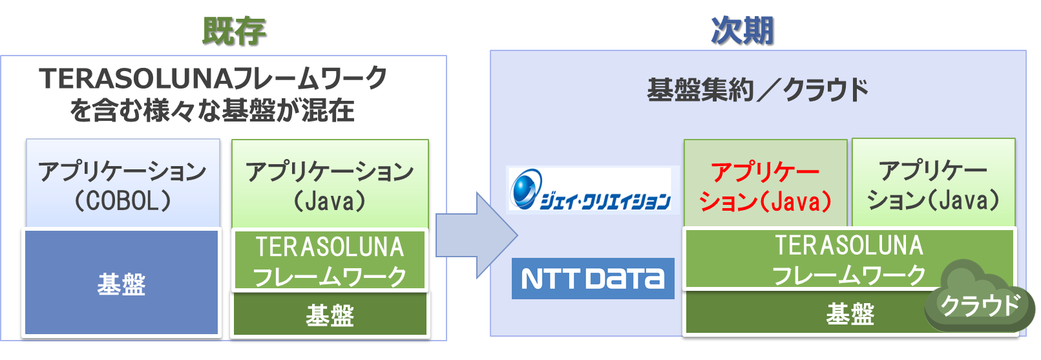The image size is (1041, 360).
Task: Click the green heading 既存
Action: (234, 30)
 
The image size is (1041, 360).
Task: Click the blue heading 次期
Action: (742, 30)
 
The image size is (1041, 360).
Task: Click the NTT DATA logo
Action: (593, 279)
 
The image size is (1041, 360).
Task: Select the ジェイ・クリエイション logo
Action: (591, 189)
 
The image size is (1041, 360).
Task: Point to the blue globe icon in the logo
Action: (525, 187)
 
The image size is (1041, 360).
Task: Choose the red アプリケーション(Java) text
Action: (765, 186)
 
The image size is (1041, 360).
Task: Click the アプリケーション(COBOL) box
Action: (123, 184)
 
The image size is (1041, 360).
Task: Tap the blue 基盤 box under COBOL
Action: (121, 282)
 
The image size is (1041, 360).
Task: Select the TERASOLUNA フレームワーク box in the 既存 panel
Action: (330, 260)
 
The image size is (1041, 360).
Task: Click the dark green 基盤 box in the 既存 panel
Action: (330, 315)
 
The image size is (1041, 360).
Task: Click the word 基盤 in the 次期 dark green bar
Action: (850, 315)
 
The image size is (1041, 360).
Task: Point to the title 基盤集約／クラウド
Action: (757, 90)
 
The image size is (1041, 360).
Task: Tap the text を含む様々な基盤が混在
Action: (212, 111)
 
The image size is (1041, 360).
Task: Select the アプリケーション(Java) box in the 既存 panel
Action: (330, 184)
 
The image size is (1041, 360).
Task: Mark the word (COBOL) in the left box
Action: (123, 200)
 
